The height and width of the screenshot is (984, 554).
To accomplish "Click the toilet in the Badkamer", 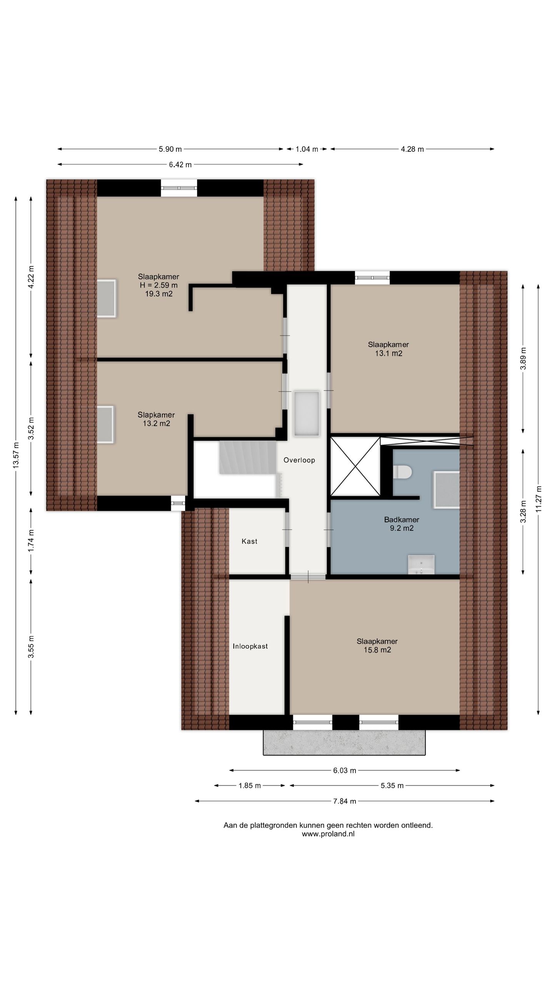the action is pos(402,472).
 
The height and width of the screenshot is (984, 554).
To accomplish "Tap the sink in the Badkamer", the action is pos(421,565).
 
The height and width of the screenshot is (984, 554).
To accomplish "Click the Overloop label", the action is pos(299,460).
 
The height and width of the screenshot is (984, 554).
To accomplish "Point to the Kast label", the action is pos(249,541).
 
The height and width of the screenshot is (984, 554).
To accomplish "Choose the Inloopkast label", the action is pos(250,646).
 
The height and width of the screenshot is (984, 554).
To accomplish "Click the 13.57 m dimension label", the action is pos(16,455).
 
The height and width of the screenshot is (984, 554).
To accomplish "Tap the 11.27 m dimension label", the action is pos(538,499).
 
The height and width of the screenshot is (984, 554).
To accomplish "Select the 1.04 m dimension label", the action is pos(307,149).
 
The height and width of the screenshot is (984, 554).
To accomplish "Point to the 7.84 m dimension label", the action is pos(345,801).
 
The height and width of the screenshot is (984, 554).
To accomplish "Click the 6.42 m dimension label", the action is pos(180,165).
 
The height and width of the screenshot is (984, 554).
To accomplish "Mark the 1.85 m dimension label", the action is pos(250,785).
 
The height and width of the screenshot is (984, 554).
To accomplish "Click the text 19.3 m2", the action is pos(159,294).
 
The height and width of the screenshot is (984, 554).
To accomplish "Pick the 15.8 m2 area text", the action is pos(377,650).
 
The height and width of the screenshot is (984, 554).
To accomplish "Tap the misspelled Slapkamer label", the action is pos(156,415).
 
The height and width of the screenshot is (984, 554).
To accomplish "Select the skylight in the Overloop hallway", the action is pos(307,414).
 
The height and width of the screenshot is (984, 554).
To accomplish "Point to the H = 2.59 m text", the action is pos(159,285).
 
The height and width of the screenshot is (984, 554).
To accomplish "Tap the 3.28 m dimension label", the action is pos(523,512).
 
